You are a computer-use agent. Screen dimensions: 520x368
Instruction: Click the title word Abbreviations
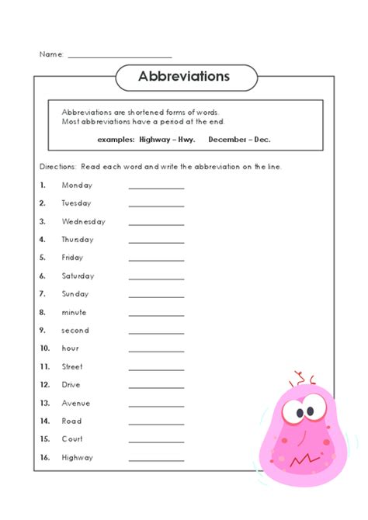[184, 76]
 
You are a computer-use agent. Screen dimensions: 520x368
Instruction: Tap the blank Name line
[120, 57]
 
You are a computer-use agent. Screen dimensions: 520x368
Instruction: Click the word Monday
[77, 185]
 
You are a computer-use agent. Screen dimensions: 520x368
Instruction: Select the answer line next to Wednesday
[156, 224]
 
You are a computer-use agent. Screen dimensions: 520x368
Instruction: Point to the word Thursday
[78, 240]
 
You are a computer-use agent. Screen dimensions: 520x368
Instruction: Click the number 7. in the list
[43, 294]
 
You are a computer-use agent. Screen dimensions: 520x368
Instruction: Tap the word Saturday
[78, 276]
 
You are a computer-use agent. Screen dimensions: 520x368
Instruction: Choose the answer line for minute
[156, 315]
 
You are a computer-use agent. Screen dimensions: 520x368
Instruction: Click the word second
[75, 331]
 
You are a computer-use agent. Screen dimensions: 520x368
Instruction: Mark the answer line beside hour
[156, 351]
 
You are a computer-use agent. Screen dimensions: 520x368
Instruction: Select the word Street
[72, 367]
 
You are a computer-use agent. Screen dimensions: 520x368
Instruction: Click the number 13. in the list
[44, 404]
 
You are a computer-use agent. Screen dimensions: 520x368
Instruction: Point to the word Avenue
[76, 404]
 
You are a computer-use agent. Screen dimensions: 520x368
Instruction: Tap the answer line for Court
[156, 442]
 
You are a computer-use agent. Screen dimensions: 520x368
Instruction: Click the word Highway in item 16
[78, 458]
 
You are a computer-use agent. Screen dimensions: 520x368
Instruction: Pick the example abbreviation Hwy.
[185, 140]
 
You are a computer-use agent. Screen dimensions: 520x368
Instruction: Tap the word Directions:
[57, 167]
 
